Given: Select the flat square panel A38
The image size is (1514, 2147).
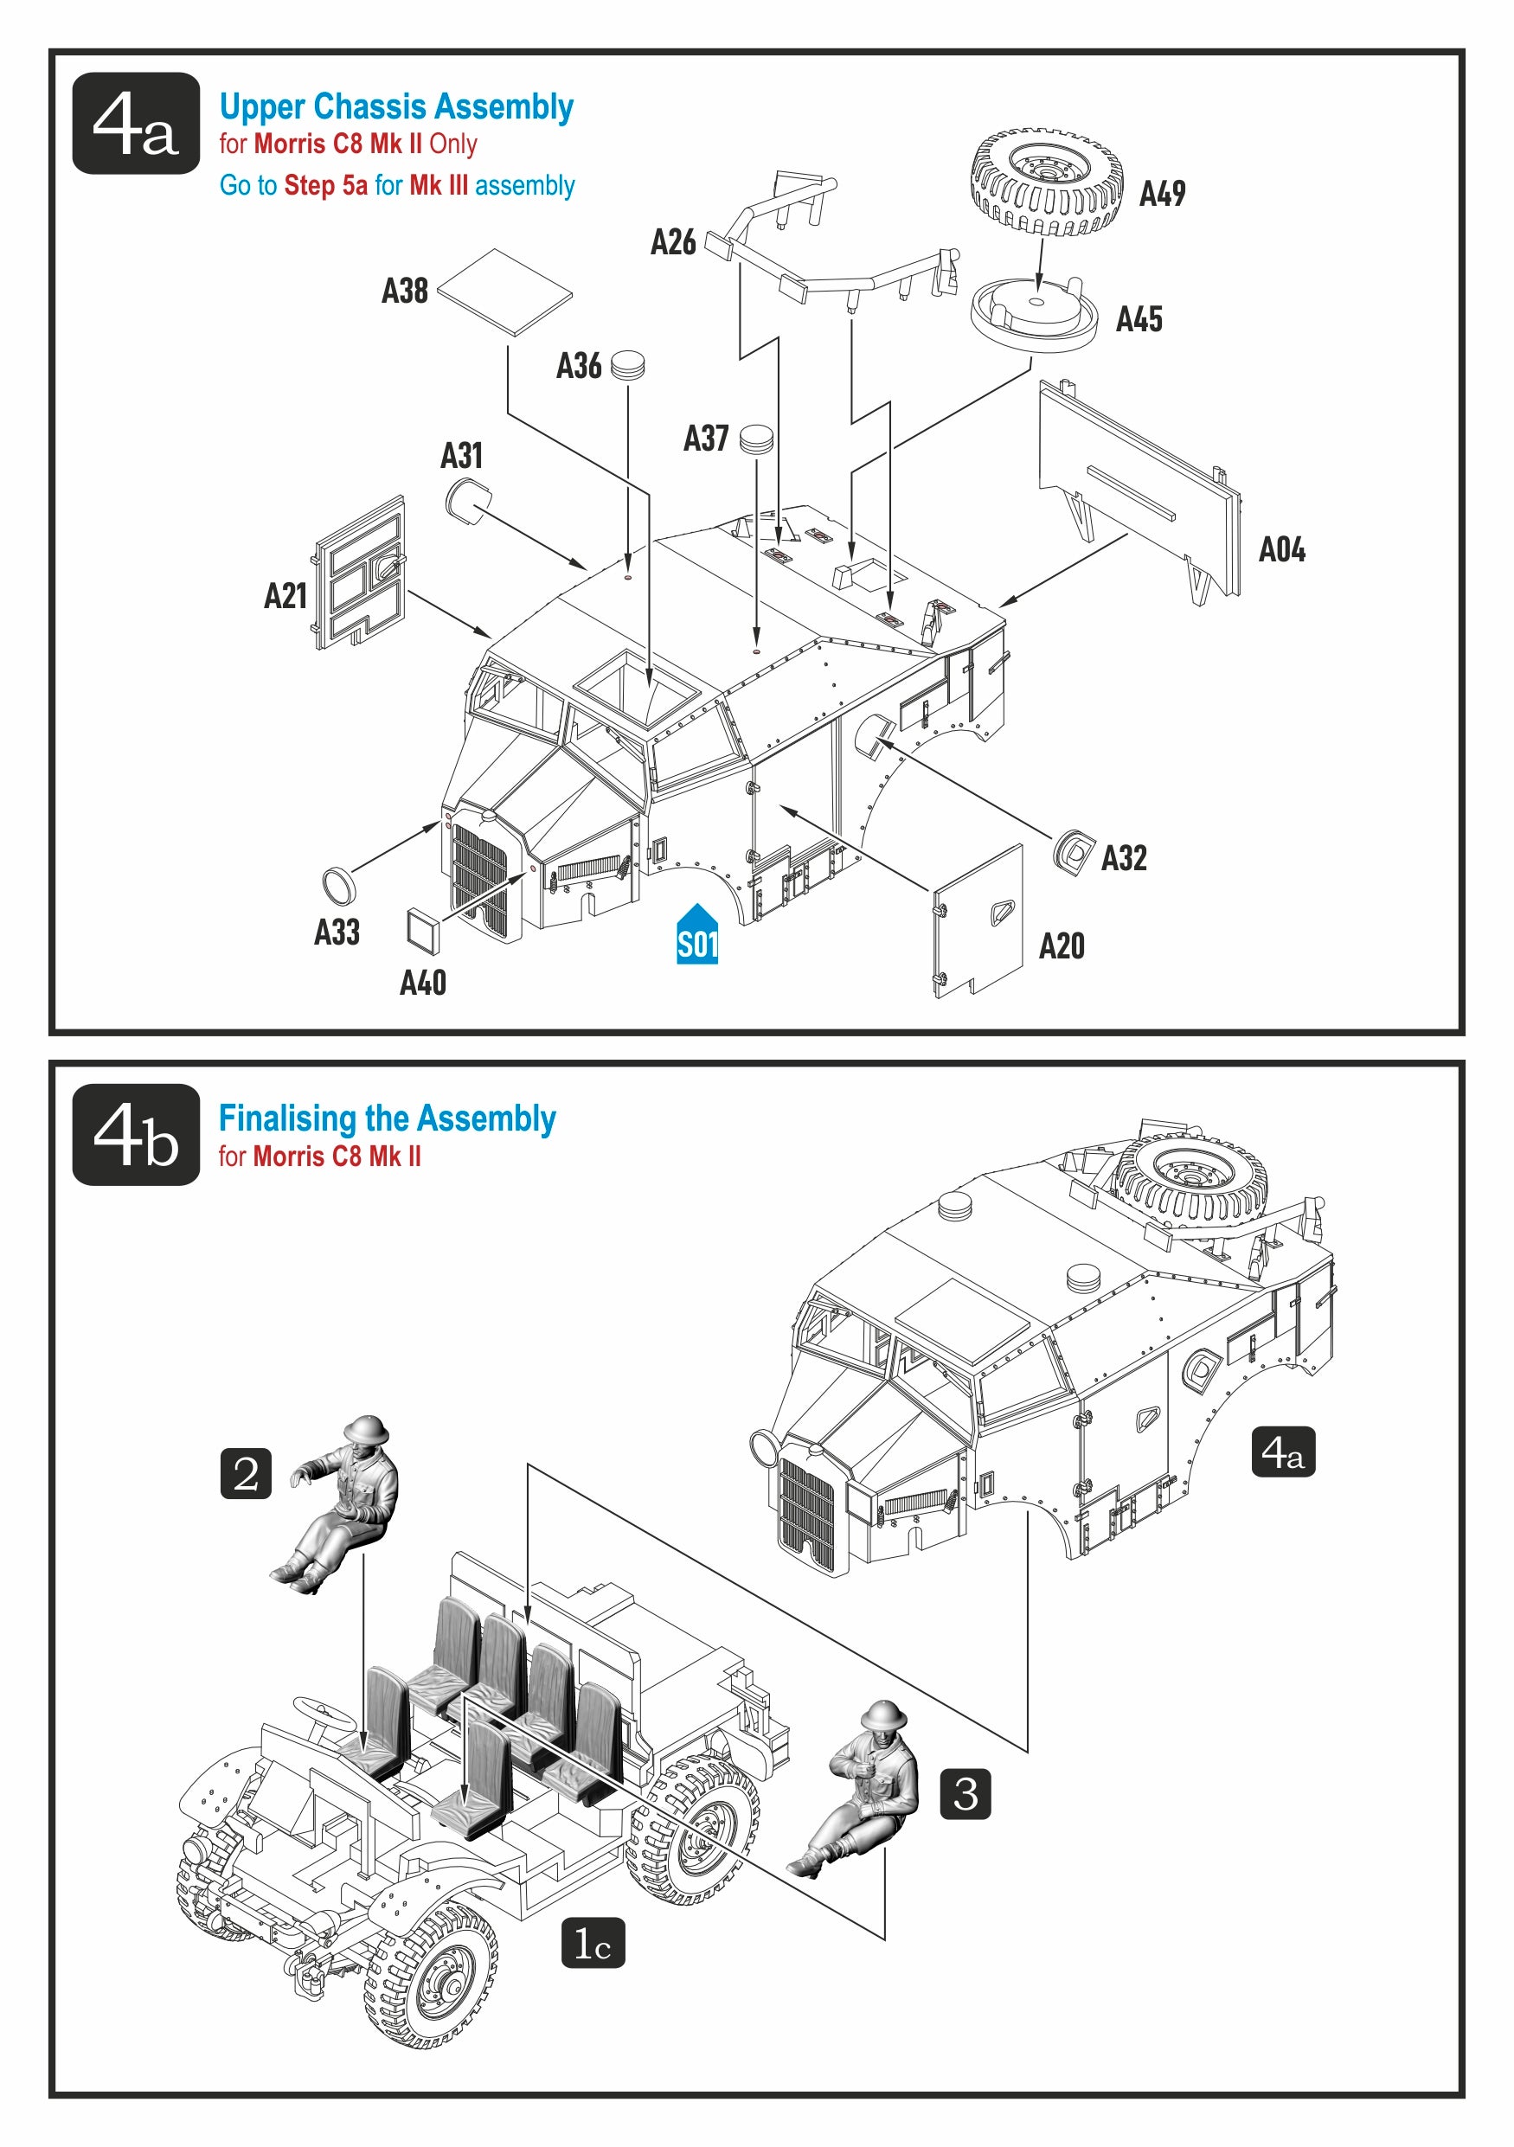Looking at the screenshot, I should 504,292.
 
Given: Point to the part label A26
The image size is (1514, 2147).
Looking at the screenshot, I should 672,242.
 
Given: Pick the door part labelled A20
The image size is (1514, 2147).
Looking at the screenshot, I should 978,921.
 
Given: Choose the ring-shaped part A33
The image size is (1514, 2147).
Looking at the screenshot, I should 337,884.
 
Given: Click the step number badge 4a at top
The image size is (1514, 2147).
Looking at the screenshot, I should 136,124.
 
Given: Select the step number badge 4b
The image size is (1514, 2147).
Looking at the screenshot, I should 136,1134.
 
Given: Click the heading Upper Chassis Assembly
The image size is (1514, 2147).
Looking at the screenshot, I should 396,106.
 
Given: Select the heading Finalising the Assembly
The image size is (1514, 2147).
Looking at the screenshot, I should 387,1118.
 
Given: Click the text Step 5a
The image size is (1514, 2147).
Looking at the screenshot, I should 325,185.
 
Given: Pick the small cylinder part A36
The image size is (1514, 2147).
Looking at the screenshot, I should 627,365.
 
